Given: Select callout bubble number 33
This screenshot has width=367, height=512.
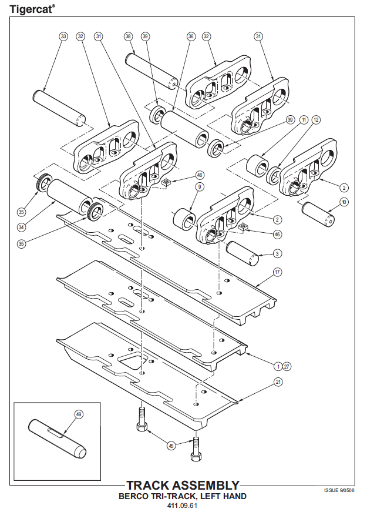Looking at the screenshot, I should coord(63,36).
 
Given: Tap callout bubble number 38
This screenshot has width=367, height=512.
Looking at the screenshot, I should coord(129,36).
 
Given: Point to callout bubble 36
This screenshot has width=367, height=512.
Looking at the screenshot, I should coord(191,36).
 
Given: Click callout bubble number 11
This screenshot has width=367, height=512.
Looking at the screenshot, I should coord(304,119).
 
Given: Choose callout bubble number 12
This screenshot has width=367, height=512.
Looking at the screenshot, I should coord(316,119).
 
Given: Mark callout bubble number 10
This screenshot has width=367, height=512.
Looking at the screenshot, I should coord(344,202).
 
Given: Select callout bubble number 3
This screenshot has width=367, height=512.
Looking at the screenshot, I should coord(277,253).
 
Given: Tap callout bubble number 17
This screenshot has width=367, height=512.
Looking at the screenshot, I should coord(277,272).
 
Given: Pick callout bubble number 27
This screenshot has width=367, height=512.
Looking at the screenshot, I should coord(287,366).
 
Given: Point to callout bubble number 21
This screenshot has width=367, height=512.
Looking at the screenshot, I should coord(277,382).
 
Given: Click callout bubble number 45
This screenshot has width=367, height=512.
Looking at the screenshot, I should coord(171,446).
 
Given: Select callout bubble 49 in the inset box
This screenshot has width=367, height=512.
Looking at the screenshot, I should coord(79,414).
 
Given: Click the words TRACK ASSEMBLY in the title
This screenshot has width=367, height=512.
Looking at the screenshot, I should coord(183,486).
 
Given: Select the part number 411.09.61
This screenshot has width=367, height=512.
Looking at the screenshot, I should coord(183,505).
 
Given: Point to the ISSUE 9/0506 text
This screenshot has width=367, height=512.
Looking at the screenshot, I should coord(339,489).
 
